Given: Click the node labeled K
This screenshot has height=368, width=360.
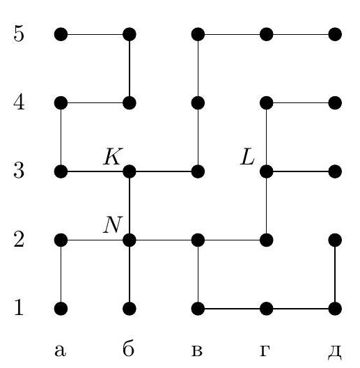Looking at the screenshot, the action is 130,171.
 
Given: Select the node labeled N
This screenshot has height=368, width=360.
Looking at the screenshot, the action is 130,240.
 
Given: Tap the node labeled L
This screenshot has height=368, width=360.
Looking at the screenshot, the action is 267,171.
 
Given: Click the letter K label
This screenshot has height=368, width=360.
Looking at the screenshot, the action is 113,156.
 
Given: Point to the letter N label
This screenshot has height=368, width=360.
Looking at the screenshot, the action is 113,224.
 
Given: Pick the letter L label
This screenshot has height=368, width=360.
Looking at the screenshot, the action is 247,156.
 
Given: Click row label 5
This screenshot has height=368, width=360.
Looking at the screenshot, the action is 19,33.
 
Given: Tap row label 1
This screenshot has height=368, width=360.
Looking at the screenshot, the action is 19,307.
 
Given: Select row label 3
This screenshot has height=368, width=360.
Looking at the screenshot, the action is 19,171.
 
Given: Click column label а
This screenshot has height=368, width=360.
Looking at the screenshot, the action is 61,351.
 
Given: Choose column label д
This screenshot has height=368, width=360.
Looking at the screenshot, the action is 334,352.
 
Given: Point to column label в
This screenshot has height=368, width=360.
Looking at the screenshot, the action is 196,351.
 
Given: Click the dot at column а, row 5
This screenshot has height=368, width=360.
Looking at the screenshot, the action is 61,34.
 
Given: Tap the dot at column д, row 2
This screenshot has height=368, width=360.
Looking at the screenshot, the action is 335,240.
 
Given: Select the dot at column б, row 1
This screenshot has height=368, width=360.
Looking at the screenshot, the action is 130,309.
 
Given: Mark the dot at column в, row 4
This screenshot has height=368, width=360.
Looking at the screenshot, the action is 198,102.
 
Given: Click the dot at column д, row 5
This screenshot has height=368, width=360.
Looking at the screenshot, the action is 335,34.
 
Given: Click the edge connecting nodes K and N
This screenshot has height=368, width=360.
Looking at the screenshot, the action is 130,206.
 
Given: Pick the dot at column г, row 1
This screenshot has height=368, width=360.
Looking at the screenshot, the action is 267,309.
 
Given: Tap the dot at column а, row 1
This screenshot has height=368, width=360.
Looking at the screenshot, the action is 61,309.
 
